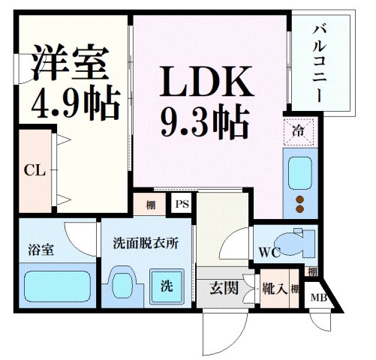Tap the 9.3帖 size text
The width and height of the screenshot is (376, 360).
[204, 120]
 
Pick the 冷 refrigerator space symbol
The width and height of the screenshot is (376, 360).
[298, 133]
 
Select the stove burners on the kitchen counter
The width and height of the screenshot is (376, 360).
[300, 202]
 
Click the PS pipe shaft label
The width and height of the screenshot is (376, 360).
[182, 203]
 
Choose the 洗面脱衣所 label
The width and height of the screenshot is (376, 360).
[146, 244]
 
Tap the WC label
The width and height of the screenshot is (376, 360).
[270, 253]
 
